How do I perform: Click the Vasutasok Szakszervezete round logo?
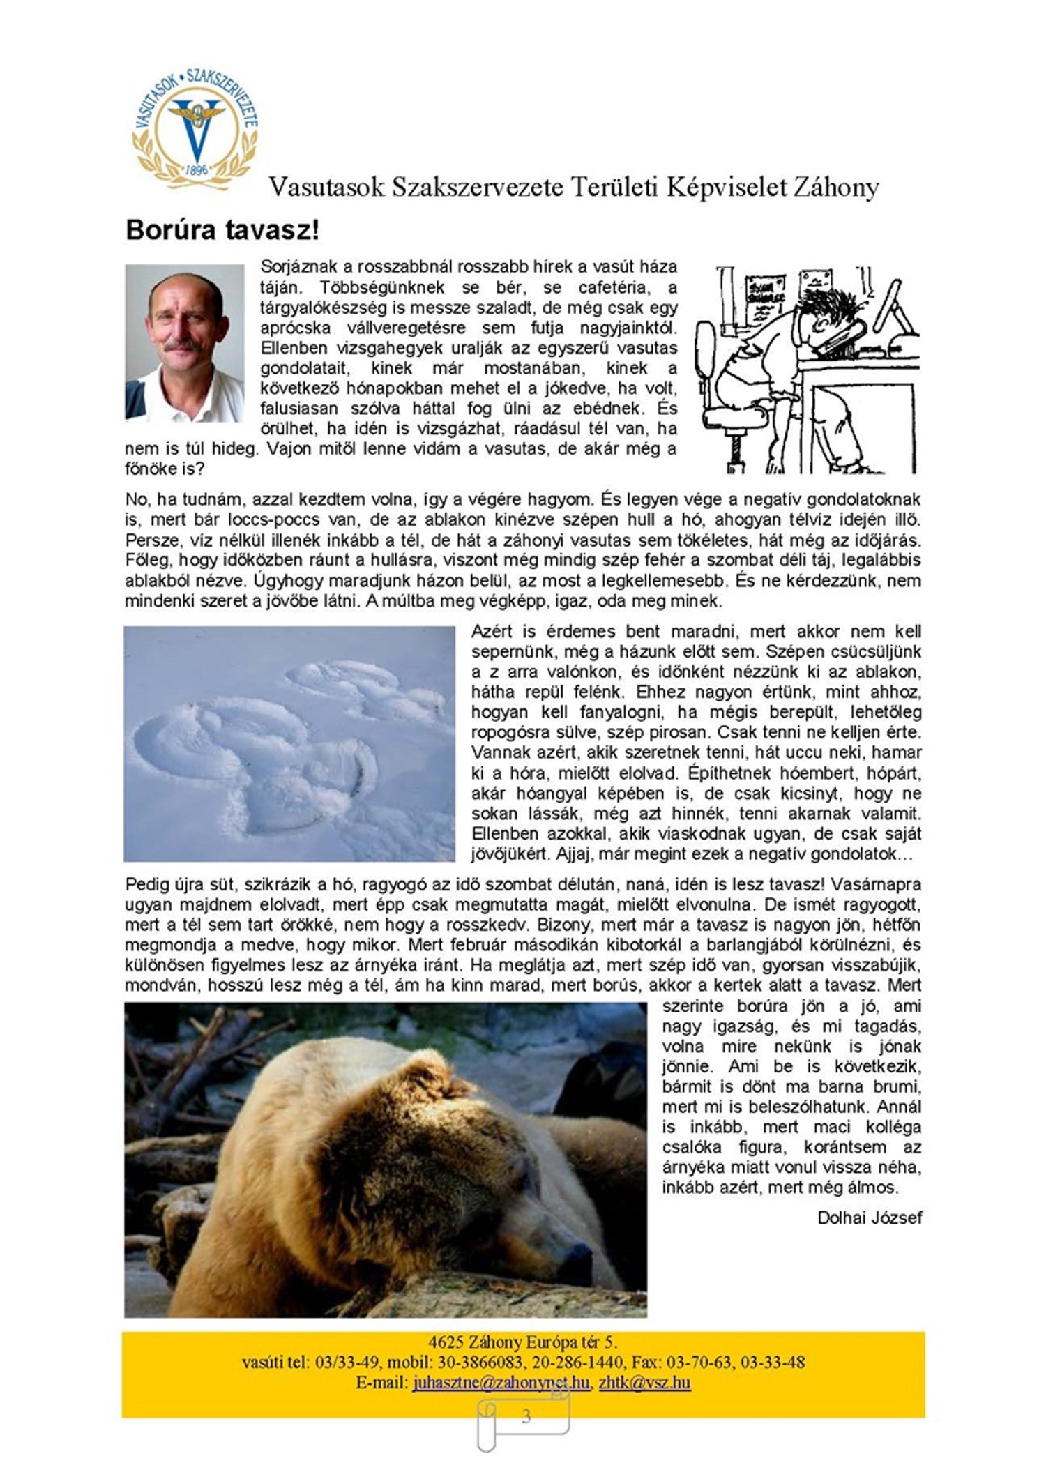click(195, 130)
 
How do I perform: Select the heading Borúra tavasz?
click(222, 230)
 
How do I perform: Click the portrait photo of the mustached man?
click(185, 343)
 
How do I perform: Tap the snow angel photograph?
click(289, 743)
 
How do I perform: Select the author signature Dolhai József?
click(869, 1218)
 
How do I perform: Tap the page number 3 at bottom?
click(526, 1416)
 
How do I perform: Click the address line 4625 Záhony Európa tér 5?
click(523, 1342)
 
